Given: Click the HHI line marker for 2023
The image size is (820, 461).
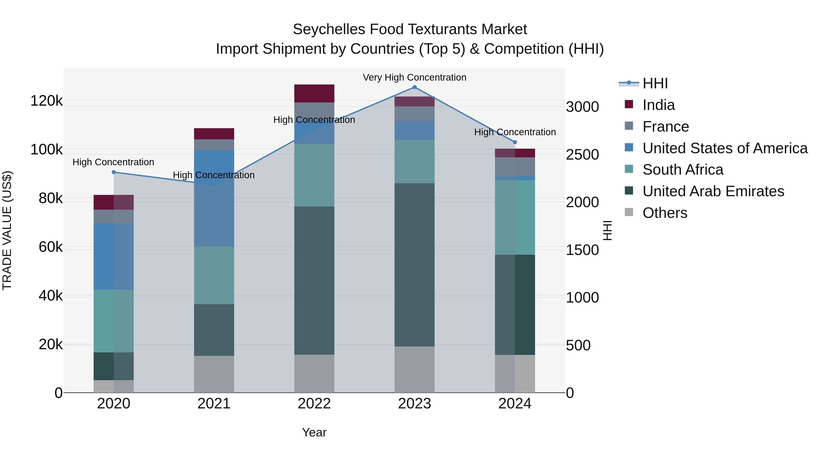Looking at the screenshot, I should [x=415, y=87].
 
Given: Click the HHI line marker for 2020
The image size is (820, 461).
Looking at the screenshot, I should [x=114, y=172].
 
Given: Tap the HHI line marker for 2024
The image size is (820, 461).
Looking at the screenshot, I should [x=515, y=142].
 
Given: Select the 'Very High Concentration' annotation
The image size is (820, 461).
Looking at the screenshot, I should [x=415, y=78].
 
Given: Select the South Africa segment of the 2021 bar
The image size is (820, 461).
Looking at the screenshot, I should [x=214, y=275].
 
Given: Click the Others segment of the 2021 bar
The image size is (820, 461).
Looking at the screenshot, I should [x=214, y=374].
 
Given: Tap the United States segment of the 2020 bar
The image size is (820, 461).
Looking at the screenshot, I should [x=114, y=256].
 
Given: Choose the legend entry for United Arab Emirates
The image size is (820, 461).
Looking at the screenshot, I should [x=713, y=191].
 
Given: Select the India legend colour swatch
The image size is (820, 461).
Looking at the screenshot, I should [x=629, y=104].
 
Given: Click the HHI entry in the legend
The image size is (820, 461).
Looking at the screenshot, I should [x=655, y=83].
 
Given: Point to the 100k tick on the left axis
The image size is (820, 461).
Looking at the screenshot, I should [x=46, y=150].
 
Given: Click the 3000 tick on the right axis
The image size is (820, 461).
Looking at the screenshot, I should [x=582, y=107].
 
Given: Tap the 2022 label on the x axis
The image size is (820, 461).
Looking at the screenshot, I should [x=314, y=404].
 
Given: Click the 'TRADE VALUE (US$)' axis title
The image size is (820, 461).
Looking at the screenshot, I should [x=7, y=230].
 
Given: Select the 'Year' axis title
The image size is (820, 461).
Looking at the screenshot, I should [x=314, y=432].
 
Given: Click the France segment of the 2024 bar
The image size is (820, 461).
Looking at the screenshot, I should [x=515, y=167].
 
